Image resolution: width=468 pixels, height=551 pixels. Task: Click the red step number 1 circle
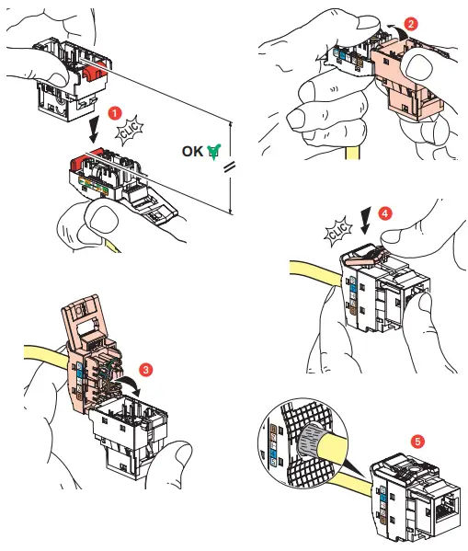click(115, 111)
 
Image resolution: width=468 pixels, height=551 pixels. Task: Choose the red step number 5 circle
click(419, 441)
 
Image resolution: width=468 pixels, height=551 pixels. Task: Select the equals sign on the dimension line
click(229, 166)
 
